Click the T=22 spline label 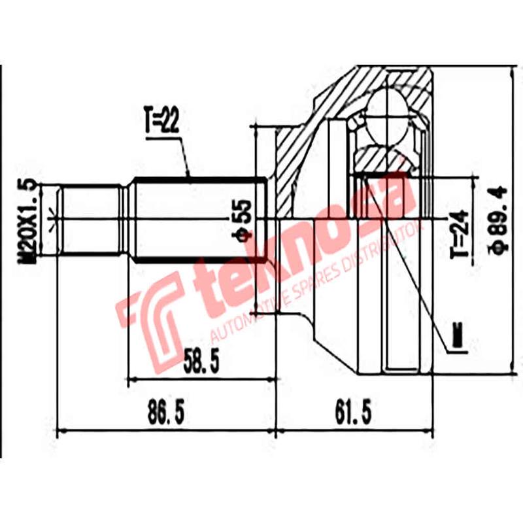coord(161,122)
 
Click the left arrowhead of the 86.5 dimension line coord(63,431)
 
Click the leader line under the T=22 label coord(184,157)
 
